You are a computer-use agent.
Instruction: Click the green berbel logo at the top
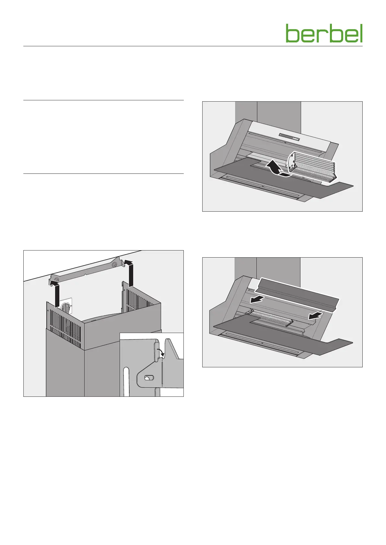click(x=324, y=33)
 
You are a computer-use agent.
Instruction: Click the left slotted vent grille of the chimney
click(x=65, y=328)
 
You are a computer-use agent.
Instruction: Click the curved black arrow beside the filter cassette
click(x=276, y=170)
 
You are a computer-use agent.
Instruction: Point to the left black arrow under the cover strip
click(x=256, y=300)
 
